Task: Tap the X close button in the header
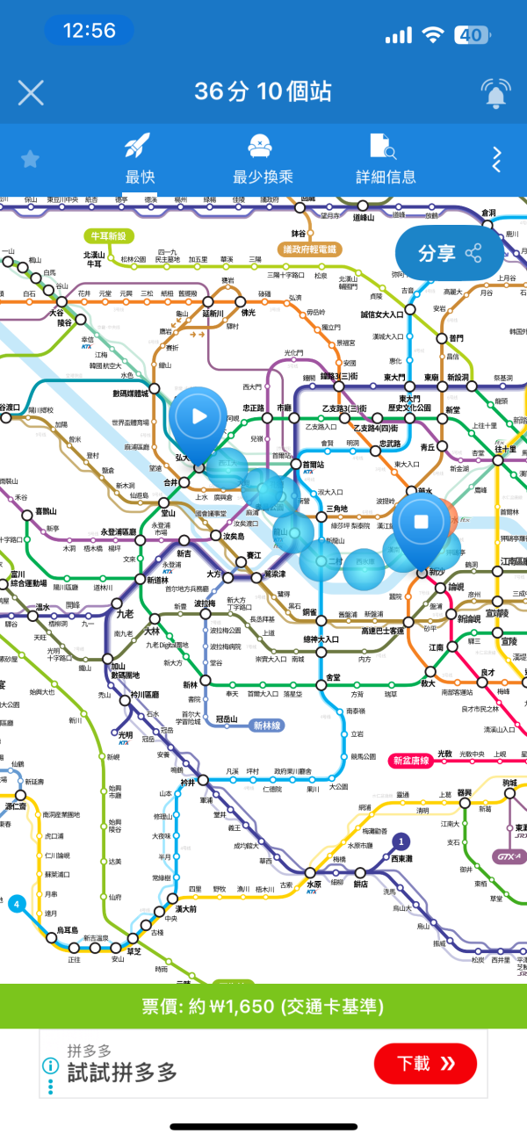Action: click(31, 92)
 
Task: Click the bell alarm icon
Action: click(495, 92)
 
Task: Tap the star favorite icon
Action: click(31, 159)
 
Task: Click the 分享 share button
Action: click(451, 254)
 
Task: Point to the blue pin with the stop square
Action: click(421, 525)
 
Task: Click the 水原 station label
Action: click(314, 885)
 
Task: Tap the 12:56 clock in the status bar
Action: click(90, 31)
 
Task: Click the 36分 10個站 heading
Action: click(263, 91)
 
